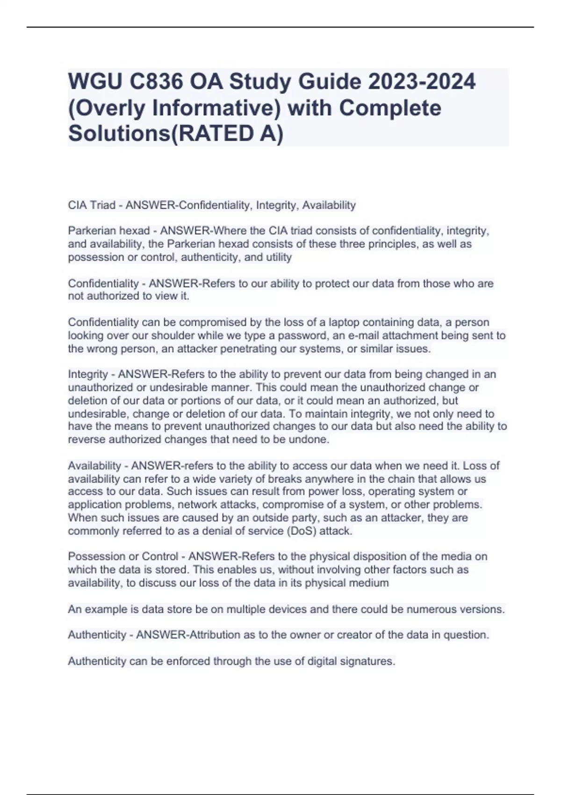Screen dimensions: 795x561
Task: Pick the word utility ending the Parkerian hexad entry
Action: point(279,257)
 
